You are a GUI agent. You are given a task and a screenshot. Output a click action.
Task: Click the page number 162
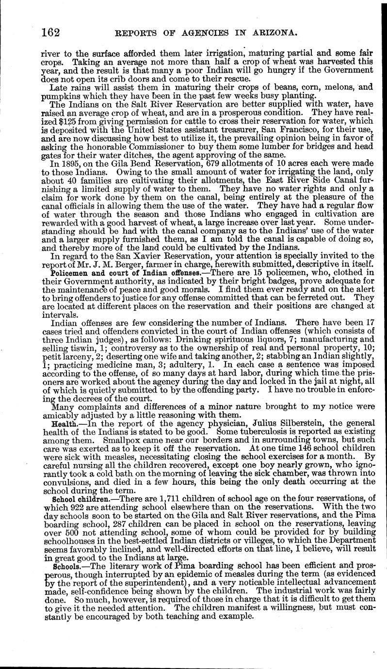coord(51,32)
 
